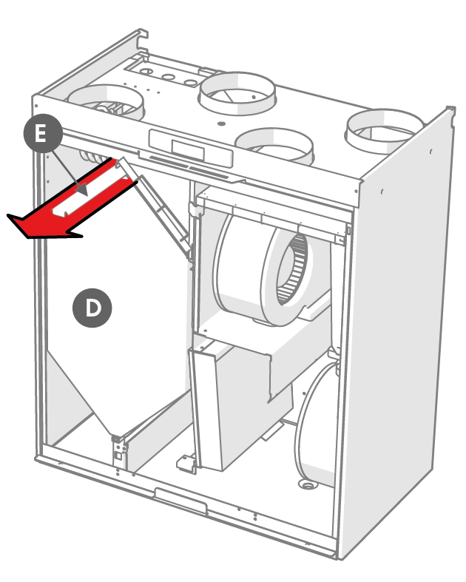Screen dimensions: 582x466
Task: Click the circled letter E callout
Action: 41,134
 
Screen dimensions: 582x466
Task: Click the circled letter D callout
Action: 92,307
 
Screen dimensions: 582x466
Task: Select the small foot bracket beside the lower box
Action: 185,463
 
